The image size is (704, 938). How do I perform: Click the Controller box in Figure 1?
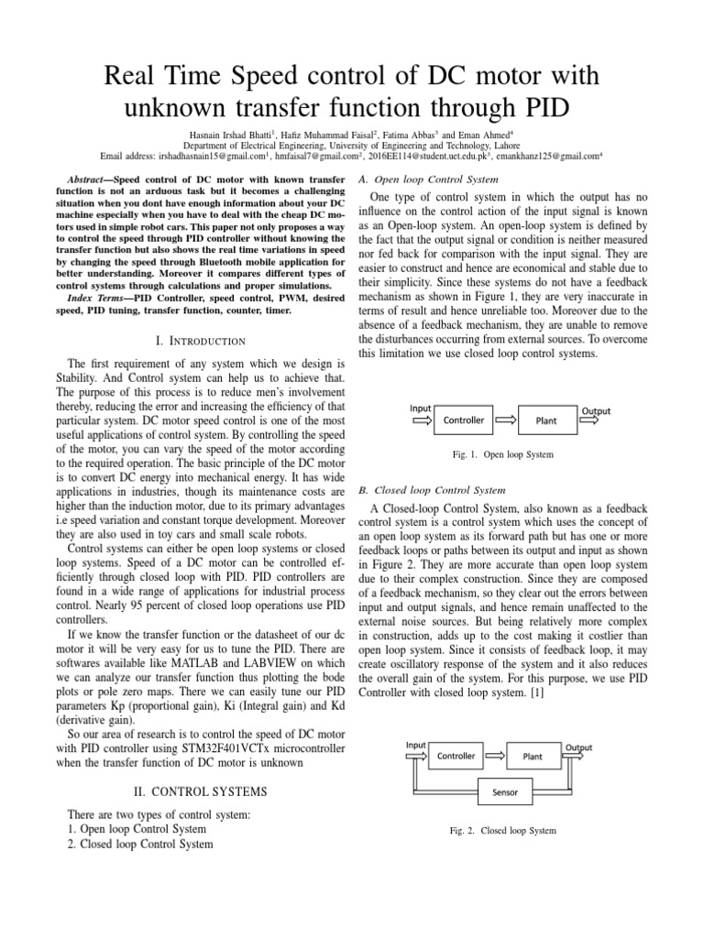[x=464, y=420]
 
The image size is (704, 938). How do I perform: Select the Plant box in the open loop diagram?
[x=544, y=421]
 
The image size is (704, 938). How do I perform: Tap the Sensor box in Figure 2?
[x=504, y=791]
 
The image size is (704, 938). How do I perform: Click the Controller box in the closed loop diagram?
[x=456, y=756]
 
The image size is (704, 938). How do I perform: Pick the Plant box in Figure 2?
[x=533, y=757]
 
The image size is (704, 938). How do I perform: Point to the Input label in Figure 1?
[x=421, y=409]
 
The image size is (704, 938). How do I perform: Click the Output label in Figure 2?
[x=577, y=747]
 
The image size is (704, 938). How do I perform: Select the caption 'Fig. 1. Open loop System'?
[x=503, y=454]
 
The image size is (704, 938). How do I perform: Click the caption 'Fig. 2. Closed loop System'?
[x=503, y=831]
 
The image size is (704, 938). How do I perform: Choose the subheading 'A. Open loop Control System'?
[x=428, y=180]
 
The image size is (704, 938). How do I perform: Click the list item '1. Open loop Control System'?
[x=137, y=829]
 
